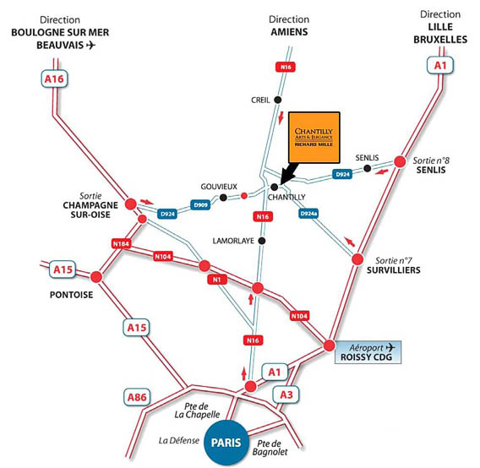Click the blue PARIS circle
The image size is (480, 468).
coord(226,443)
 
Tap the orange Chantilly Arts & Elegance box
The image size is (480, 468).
coord(314,138)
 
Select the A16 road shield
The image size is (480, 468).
coord(54,79)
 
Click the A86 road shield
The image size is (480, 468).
coord(137,397)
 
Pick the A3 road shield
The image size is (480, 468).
coord(286,395)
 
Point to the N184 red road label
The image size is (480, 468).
coord(121,243)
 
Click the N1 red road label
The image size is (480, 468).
coord(217,280)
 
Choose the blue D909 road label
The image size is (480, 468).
coord(200,204)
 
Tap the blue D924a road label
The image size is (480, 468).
coord(308,214)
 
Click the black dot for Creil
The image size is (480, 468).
coord(278,100)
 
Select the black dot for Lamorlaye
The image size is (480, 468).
coord(262,241)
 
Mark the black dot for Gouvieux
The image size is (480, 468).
coord(223,198)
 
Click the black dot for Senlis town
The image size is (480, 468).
coord(368,168)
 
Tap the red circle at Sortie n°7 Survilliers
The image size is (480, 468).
coord(357,259)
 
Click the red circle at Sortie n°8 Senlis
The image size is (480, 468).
coord(400,161)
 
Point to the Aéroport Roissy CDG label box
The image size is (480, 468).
coord(368,352)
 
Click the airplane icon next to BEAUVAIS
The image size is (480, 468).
coord(90,45)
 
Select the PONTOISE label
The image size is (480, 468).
coord(71,295)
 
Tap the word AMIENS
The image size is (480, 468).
coord(289,32)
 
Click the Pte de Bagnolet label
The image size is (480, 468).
coord(270,448)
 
